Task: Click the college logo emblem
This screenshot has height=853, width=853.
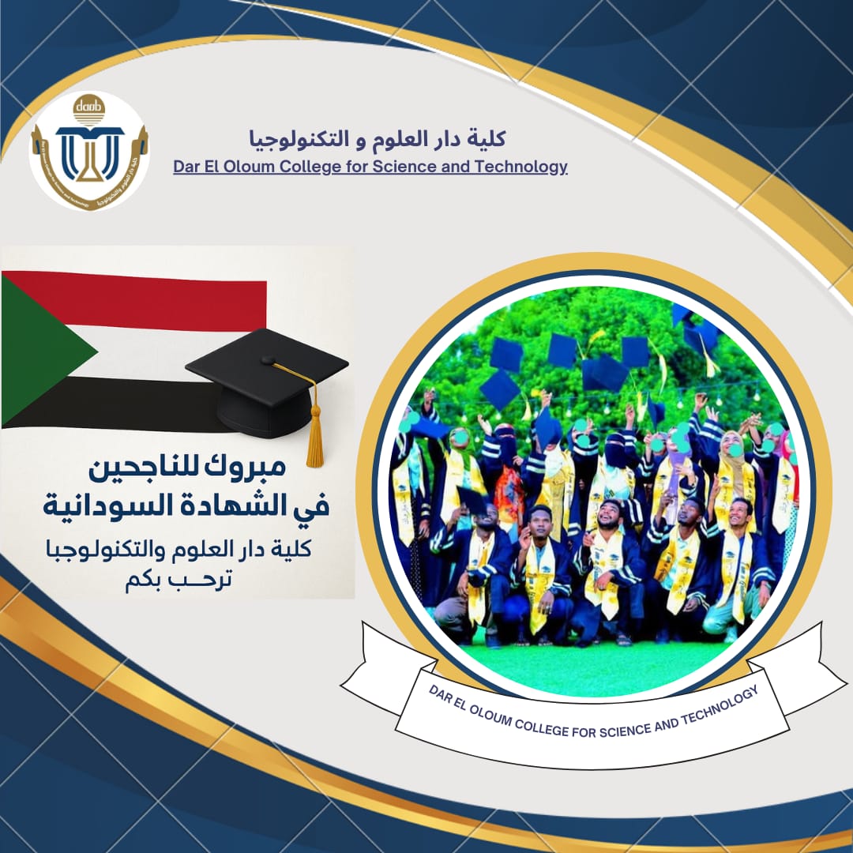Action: click(88, 151)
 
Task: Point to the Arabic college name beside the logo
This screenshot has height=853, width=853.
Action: click(378, 139)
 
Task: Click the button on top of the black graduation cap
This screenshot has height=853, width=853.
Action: click(268, 360)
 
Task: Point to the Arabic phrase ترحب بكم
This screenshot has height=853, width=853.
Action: click(178, 580)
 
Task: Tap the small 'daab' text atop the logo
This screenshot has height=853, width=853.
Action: click(88, 106)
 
